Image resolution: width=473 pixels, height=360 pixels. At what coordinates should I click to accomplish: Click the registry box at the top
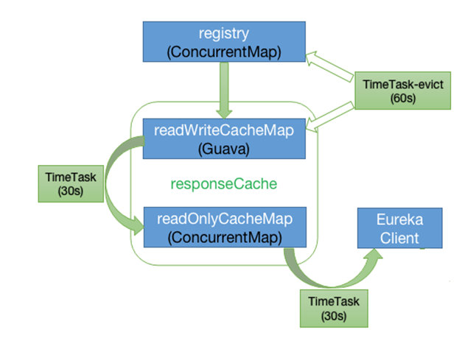pos(224,42)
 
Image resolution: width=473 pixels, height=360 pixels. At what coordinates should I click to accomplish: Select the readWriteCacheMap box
pos(224,138)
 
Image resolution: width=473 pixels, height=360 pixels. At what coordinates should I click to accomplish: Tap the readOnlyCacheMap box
pos(225,227)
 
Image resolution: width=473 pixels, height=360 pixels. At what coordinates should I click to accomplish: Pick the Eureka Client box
pos(400,228)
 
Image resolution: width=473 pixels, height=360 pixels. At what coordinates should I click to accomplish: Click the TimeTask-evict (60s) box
pos(403,91)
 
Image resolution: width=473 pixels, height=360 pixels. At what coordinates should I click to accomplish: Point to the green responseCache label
pos(224,183)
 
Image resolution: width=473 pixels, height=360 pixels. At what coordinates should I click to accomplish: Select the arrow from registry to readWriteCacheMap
pos(224,91)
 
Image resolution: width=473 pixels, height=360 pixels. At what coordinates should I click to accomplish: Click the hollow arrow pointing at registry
pos(329,66)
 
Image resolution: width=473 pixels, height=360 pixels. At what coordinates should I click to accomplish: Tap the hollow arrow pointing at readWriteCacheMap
pos(329,117)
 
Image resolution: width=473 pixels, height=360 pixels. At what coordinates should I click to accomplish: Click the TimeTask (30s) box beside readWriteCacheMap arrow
pos(71,183)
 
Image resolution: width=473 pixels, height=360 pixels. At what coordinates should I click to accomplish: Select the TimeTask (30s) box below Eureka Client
pos(334,308)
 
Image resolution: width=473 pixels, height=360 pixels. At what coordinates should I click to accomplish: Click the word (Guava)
pos(224,149)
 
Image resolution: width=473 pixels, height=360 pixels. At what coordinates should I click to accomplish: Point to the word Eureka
pos(400,219)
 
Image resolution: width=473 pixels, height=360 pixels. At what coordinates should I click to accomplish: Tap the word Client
pos(399,239)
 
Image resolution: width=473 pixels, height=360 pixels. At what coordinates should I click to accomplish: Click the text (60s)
pos(403,99)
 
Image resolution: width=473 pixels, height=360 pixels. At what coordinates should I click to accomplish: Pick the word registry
pos(224,34)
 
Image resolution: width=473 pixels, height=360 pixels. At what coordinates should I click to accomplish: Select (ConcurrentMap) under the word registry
pos(224,52)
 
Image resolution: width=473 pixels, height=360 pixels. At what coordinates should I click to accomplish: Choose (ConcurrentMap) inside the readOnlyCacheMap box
pos(225,238)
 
